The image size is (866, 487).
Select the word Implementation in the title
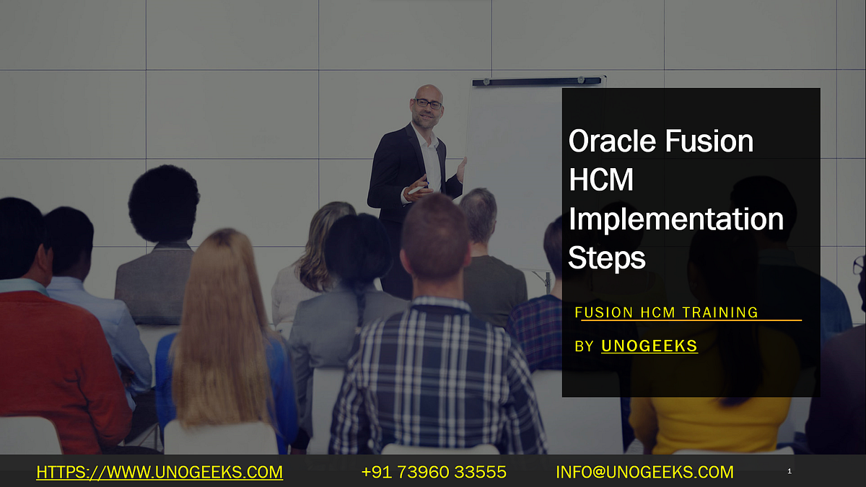click(675, 219)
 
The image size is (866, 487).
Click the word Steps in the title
click(606, 258)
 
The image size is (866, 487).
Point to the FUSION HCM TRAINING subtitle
click(666, 312)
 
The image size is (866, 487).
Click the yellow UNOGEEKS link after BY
click(649, 346)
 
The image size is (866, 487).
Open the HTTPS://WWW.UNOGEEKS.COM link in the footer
click(159, 473)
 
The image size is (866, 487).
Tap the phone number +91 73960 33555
click(434, 473)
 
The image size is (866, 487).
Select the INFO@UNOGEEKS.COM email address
click(644, 473)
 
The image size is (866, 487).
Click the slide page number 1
click(790, 472)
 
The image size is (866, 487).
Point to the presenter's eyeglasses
click(428, 105)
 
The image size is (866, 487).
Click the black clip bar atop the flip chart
click(538, 82)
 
